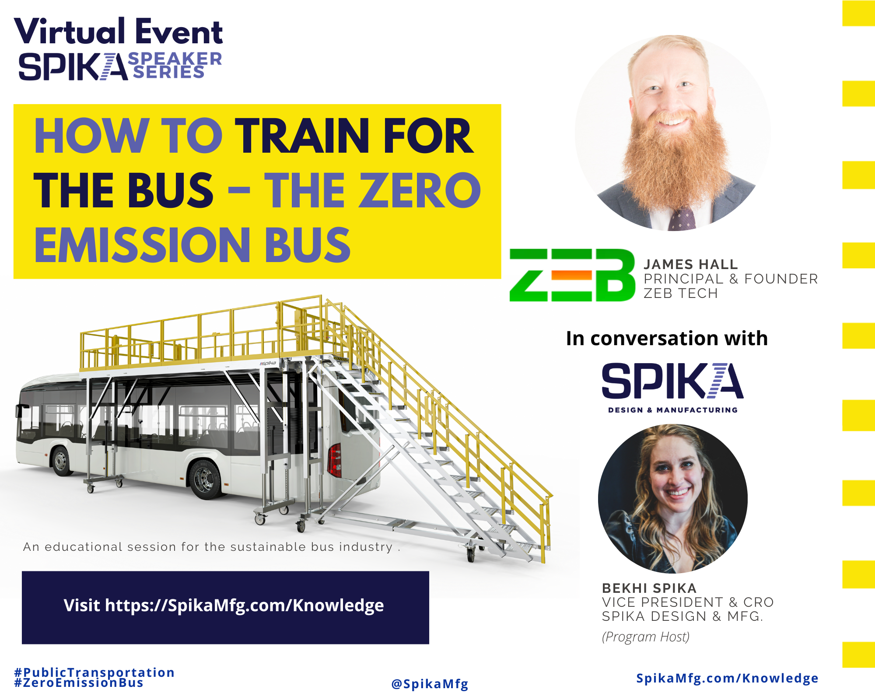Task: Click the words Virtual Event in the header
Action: pyautogui.click(x=119, y=32)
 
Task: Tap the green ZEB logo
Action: pyautogui.click(x=572, y=275)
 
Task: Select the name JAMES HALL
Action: pyautogui.click(x=690, y=264)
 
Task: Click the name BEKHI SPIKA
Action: pyautogui.click(x=649, y=588)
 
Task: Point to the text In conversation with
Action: pyautogui.click(x=666, y=338)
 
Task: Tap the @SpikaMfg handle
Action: pyautogui.click(x=430, y=684)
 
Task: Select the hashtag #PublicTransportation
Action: pyautogui.click(x=94, y=672)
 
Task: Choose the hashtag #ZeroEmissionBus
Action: pyautogui.click(x=79, y=683)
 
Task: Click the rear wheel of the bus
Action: pyautogui.click(x=204, y=479)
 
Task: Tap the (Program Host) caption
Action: pyautogui.click(x=645, y=637)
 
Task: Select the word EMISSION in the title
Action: pyautogui.click(x=142, y=245)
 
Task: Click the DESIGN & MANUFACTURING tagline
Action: pyautogui.click(x=672, y=410)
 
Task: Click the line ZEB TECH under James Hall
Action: pyautogui.click(x=680, y=293)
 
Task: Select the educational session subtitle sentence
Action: pyautogui.click(x=211, y=547)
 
